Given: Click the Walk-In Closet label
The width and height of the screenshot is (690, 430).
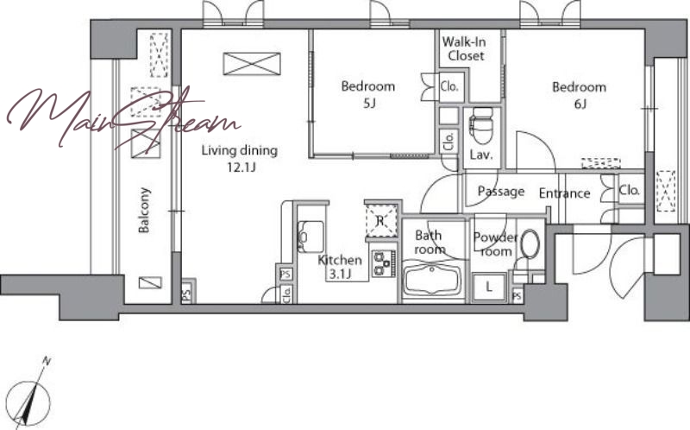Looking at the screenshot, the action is [x=464, y=49].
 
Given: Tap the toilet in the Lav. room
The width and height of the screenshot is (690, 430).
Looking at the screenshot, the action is [x=481, y=126].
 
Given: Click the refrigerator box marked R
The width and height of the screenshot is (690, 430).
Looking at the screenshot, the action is [x=381, y=221].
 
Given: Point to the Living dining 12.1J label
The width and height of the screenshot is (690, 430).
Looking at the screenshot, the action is [x=240, y=158].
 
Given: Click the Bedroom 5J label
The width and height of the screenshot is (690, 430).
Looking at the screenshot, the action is [x=368, y=94].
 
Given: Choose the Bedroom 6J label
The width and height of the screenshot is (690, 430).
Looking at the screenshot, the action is [x=579, y=95].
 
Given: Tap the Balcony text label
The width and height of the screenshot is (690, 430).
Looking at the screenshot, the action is [x=144, y=210].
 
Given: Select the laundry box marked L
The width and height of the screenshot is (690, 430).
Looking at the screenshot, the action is [x=489, y=288].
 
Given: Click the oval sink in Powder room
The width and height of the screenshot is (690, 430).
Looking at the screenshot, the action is [x=530, y=244].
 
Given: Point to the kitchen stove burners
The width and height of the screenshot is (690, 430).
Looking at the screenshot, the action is [x=383, y=263].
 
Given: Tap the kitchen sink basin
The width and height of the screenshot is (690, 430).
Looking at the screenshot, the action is [x=311, y=237].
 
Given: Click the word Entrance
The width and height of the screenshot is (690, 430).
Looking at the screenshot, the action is [x=565, y=193].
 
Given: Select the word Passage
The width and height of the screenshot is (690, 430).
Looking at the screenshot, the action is [x=501, y=192].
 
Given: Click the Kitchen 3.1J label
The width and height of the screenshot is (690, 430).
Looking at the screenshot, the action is [x=340, y=267].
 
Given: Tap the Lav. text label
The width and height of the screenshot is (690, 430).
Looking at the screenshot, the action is [x=481, y=155].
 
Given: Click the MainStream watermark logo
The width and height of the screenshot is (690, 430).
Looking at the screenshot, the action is [x=123, y=117].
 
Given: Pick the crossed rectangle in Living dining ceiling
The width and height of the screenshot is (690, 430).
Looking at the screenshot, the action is [x=252, y=64].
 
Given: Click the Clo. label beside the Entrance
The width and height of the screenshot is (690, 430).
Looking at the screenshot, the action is [x=630, y=190].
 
